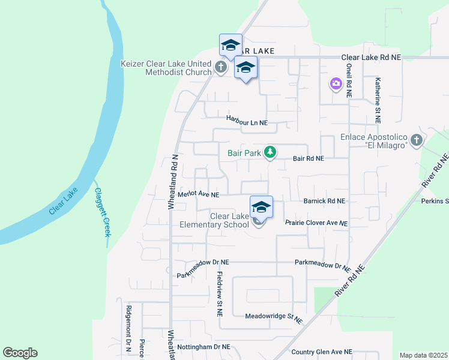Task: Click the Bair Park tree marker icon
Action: tap(270, 152)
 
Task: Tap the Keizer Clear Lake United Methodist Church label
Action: tap(166, 67)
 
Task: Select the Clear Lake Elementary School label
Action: tap(214, 220)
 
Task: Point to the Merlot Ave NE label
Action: tap(199, 194)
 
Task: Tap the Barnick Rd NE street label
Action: tap(324, 201)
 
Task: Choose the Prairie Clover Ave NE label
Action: tap(316, 223)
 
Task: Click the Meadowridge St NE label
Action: tap(273, 316)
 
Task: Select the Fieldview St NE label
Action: tap(220, 294)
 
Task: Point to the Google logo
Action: tap(20, 353)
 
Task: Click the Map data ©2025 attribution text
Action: tap(423, 355)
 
